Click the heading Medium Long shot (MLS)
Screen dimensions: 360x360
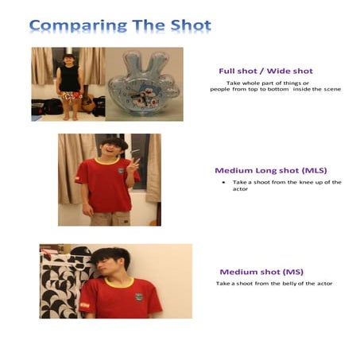(270, 170)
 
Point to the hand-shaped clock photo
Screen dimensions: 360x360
(144, 83)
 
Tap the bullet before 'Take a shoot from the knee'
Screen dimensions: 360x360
(224, 182)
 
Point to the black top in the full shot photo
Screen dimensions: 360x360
(69, 78)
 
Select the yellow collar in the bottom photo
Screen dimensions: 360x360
(119, 282)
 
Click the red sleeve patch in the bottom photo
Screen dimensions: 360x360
(84, 304)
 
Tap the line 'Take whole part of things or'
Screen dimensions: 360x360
(267, 83)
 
